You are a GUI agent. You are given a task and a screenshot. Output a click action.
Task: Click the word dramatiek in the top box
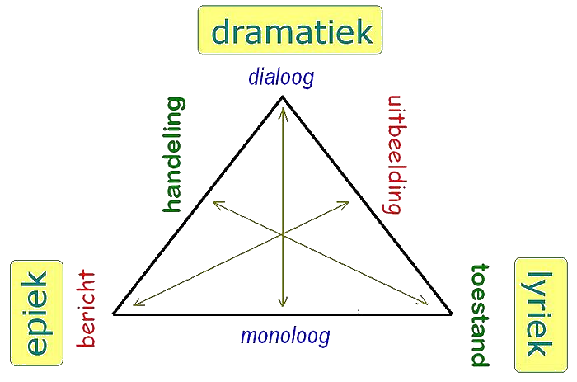(x=292, y=31)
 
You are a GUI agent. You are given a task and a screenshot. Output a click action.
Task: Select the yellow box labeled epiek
(x=37, y=313)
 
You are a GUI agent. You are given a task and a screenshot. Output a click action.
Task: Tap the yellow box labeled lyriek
(x=541, y=315)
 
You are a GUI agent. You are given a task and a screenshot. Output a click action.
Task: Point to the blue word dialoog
(x=282, y=78)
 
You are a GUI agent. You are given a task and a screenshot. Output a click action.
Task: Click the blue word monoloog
(x=285, y=336)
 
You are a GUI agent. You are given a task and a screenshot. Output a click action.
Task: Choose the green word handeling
(x=173, y=155)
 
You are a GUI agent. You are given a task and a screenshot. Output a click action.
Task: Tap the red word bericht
(x=86, y=309)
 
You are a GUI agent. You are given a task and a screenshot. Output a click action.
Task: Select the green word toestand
(x=480, y=315)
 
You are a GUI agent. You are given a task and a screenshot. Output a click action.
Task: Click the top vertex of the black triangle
(x=282, y=97)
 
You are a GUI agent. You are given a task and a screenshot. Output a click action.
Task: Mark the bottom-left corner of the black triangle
(x=114, y=314)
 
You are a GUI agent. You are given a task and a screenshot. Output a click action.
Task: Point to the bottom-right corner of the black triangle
(x=452, y=314)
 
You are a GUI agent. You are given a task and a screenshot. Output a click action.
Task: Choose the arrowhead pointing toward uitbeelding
(x=345, y=204)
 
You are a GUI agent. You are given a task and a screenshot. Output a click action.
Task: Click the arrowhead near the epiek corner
(x=138, y=303)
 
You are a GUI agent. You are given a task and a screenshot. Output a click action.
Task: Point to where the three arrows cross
(x=282, y=234)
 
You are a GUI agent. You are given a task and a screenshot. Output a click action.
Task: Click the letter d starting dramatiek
(x=221, y=31)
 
